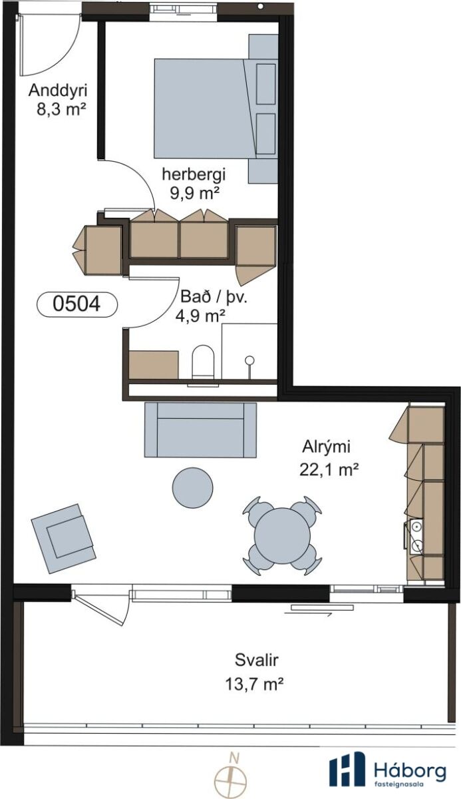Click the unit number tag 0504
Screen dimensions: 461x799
pyautogui.click(x=77, y=304)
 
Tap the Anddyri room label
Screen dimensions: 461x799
pyautogui.click(x=58, y=91)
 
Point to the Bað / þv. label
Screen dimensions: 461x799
pyautogui.click(x=214, y=297)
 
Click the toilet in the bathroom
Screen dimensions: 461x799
pyautogui.click(x=203, y=362)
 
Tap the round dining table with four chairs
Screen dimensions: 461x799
pyautogui.click(x=282, y=535)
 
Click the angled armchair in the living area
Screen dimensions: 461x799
pyautogui.click(x=63, y=539)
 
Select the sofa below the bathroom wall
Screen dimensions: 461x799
pyautogui.click(x=200, y=430)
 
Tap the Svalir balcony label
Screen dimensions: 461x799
pyautogui.click(x=257, y=660)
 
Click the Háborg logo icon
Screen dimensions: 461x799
pyautogui.click(x=347, y=770)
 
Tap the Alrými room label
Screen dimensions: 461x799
pyautogui.click(x=327, y=447)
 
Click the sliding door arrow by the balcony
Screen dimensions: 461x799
pyautogui.click(x=308, y=613)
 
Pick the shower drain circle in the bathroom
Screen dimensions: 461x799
pyautogui.click(x=249, y=360)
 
